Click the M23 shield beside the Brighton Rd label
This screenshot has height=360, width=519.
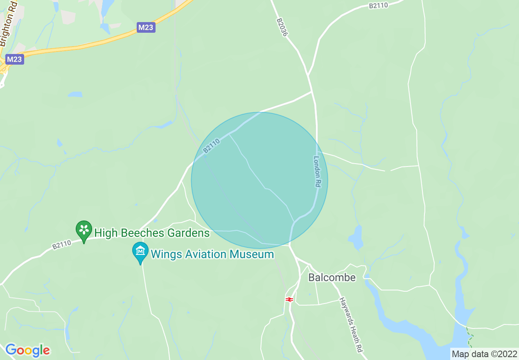click(x=15, y=59)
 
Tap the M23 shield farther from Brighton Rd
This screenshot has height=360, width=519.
click(x=146, y=27)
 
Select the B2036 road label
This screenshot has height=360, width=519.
click(x=282, y=27)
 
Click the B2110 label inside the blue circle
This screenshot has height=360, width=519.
click(x=212, y=146)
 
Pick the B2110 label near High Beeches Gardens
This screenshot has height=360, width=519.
click(x=62, y=244)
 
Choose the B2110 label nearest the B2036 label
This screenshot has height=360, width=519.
click(x=378, y=5)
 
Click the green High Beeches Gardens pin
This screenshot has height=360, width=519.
click(x=84, y=230)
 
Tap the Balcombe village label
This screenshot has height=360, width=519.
click(x=332, y=277)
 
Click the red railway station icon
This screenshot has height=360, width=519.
click(x=289, y=299)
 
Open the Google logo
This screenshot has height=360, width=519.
click(x=27, y=351)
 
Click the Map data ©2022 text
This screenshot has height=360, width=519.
click(x=484, y=353)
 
